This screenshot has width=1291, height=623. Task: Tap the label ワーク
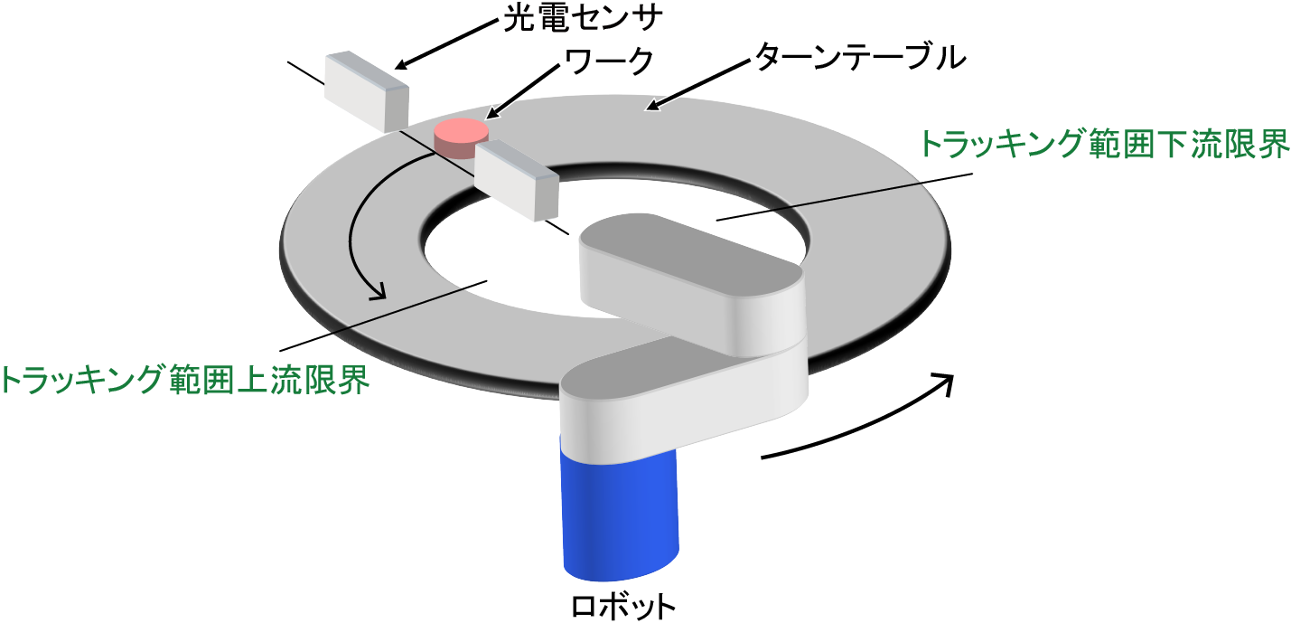click(x=608, y=61)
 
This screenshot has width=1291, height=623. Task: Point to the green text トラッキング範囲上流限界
click(x=185, y=379)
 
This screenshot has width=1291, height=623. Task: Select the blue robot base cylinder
click(x=619, y=511)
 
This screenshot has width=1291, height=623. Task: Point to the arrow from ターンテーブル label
click(x=696, y=86)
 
